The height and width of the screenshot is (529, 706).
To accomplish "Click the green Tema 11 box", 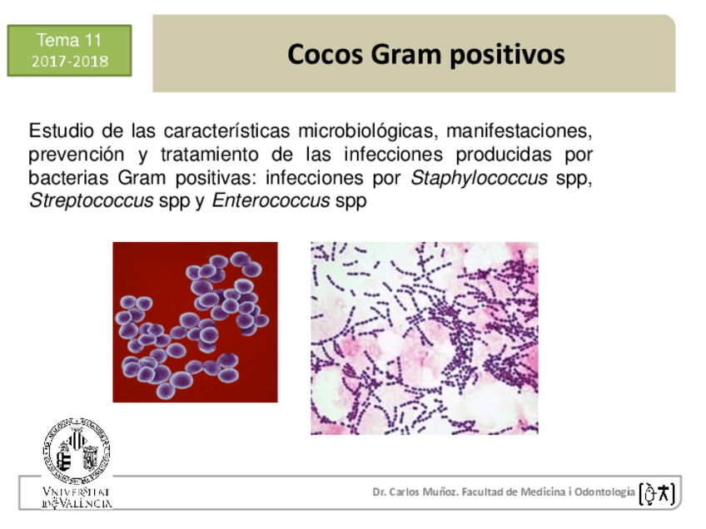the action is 69,51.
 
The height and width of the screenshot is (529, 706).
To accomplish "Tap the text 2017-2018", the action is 70,62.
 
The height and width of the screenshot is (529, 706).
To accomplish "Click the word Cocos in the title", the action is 325,54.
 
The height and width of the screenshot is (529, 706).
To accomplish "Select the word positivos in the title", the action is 508,56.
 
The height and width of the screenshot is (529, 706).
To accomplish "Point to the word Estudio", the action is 62,131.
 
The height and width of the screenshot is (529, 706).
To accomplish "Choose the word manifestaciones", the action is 520,131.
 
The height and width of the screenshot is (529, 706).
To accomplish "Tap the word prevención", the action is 76,155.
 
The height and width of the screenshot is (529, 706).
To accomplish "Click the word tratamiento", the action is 209,155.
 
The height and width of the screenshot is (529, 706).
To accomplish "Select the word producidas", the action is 504,155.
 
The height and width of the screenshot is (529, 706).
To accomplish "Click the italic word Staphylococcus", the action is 479,178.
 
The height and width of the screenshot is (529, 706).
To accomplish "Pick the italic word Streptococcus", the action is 92,201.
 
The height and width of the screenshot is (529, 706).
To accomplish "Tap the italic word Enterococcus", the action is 271,200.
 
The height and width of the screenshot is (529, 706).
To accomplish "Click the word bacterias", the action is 68,178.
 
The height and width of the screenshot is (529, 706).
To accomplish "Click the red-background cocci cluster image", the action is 195,322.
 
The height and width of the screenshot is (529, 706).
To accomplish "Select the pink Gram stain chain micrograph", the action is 424,339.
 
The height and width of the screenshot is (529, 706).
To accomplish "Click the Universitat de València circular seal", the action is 77,451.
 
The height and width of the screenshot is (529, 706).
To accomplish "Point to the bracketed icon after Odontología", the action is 657,493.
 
